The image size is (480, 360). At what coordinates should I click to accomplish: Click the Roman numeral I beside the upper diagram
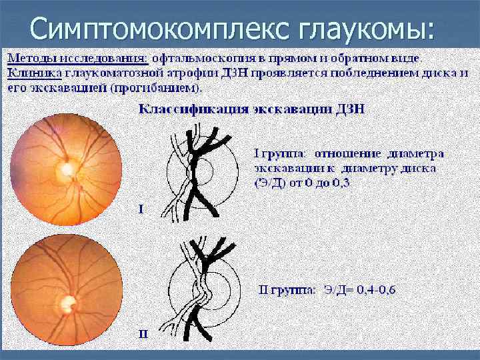pyautogui.click(x=141, y=209)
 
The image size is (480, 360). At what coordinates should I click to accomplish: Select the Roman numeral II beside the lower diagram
pyautogui.click(x=143, y=333)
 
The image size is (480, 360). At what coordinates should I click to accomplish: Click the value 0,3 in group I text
pyautogui.click(x=341, y=183)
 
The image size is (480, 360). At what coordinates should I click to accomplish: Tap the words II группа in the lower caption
pyautogui.click(x=287, y=290)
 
